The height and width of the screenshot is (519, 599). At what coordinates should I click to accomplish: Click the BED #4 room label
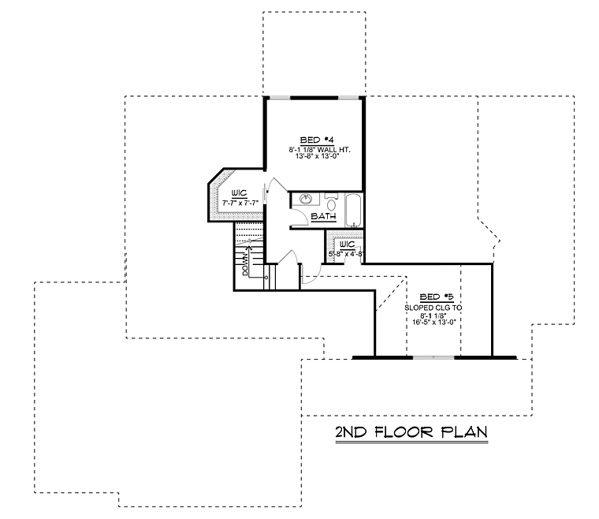(317, 140)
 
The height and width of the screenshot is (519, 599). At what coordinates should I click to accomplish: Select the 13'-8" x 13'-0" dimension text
(318, 156)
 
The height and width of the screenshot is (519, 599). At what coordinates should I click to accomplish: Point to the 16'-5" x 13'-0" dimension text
(434, 322)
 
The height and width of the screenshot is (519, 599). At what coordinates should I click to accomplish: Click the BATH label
(324, 216)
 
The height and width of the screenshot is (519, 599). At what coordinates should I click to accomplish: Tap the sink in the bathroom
(305, 199)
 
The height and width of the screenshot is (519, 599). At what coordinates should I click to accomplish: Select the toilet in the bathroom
(331, 203)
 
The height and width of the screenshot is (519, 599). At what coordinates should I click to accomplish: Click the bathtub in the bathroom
(353, 210)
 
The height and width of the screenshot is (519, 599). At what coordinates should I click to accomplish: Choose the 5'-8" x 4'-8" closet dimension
(346, 253)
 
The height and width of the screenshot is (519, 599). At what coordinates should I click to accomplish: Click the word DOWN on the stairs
(245, 264)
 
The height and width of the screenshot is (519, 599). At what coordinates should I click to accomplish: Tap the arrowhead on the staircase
(250, 248)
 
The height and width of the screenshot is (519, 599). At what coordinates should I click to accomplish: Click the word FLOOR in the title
(404, 432)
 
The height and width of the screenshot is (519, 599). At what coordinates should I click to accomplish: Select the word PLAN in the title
(464, 432)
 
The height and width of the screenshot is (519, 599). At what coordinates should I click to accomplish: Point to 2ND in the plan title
(351, 432)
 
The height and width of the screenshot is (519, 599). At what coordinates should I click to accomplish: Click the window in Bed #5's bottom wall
(433, 358)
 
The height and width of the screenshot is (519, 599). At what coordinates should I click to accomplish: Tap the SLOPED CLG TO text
(433, 308)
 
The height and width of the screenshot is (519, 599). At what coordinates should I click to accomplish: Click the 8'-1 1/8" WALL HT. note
(319, 150)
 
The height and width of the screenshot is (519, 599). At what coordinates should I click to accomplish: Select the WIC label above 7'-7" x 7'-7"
(239, 193)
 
